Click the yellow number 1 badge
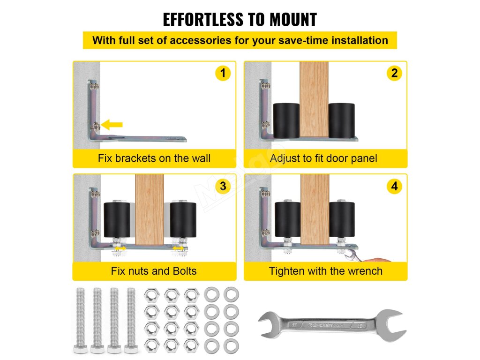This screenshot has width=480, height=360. point(223,73)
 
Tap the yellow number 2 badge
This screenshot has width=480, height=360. point(394,73)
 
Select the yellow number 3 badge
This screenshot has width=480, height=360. point(223,186)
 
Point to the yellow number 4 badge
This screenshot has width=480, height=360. point(394,186)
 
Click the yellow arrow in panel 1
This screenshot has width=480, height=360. point(112,125)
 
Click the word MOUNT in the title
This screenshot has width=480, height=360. point(293,20)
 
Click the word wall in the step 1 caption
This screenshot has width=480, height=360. point(201,158)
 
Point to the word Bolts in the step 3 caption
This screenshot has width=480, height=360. point(185,271)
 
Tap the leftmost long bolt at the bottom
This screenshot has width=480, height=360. point(80,321)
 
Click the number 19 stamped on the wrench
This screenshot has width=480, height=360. point(360,326)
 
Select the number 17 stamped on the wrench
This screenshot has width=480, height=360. point(294,325)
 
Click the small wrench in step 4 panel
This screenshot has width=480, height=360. point(353,255)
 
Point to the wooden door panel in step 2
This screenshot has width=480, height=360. point(314,99)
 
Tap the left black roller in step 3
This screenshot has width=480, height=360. point(117,219)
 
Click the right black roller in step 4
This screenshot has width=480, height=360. point(342,219)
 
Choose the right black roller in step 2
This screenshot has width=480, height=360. point(342,120)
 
